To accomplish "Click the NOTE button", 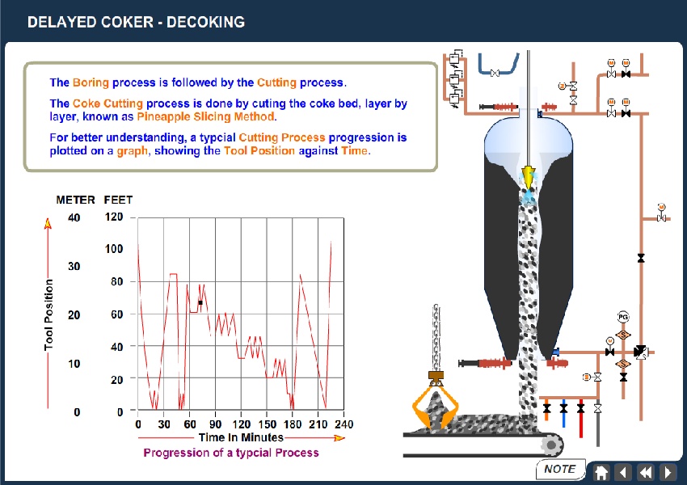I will click(559, 469).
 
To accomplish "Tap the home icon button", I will click(601, 472).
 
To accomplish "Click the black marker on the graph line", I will click(200, 303).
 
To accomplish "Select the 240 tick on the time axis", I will click(343, 424).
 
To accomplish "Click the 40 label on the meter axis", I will click(74, 217).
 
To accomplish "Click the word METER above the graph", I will click(76, 199).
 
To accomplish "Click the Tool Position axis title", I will click(48, 315).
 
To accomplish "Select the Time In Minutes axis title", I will click(241, 437).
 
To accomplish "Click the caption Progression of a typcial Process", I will click(231, 453).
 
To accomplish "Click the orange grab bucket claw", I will click(434, 404).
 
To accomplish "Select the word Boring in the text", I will click(91, 82).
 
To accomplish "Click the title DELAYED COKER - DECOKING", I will click(136, 22).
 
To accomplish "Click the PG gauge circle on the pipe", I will click(622, 315).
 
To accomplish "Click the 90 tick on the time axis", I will click(216, 424).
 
